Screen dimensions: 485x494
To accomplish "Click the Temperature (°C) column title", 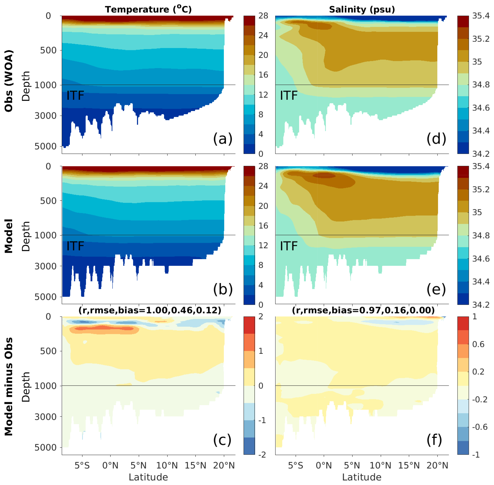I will [148, 9].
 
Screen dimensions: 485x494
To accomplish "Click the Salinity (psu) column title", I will [362, 9].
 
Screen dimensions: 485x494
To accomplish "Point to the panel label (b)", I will [223, 289].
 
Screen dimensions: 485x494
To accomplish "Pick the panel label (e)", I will [436, 289].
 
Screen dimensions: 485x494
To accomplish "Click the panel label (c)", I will [222, 440].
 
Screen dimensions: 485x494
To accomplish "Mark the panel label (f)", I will [434, 440].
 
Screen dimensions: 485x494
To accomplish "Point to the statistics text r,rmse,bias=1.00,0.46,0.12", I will [150, 310].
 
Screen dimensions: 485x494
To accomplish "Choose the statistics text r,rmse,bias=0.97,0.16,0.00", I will [363, 310].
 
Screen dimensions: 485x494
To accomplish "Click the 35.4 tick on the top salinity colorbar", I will [481, 16].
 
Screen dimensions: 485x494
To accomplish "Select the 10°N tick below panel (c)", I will [167, 466].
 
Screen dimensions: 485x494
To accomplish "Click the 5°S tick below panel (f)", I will [295, 466].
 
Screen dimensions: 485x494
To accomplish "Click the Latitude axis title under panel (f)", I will [362, 477].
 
